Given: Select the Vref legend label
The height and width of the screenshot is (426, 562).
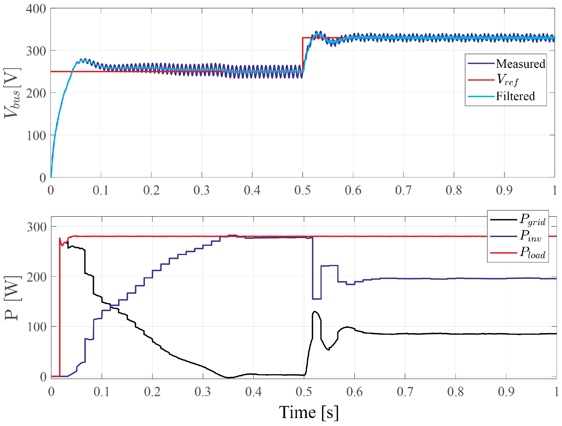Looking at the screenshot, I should point(507,80).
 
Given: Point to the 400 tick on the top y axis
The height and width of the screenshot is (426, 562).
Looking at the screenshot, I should point(36,9).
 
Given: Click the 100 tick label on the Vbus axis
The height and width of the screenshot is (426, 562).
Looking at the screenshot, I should point(36,136).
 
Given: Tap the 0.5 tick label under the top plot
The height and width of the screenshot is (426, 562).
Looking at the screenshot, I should point(302,190).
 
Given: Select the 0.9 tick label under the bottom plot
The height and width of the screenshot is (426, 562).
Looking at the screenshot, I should point(506,392).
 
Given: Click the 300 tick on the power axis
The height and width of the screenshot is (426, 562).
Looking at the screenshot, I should point(37,227).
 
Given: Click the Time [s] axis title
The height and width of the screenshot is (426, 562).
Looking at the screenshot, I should point(309,412).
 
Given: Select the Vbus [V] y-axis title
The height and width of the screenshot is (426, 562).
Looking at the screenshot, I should point(12,93).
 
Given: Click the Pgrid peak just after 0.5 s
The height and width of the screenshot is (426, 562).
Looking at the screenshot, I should point(315,311).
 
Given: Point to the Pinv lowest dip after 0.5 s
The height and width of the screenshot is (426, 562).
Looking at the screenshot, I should point(317,299).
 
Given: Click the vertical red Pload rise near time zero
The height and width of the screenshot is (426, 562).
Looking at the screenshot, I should point(60,307).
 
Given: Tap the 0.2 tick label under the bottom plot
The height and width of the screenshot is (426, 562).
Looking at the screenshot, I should point(152,392).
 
